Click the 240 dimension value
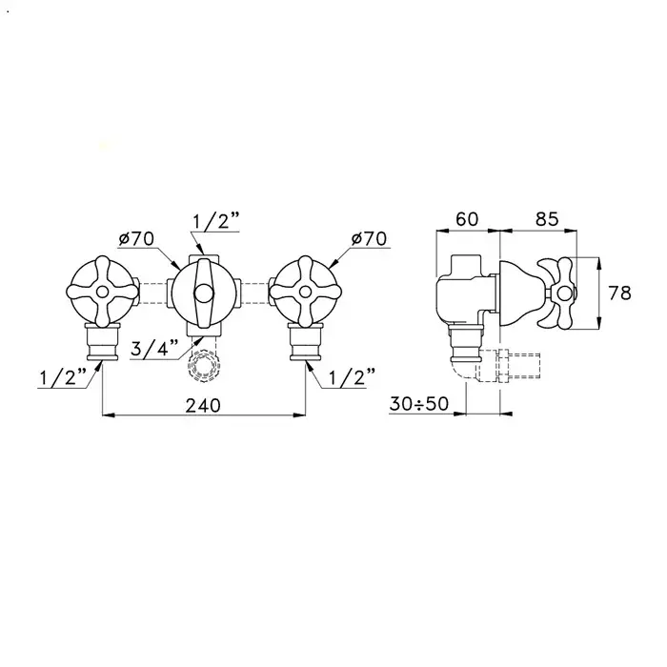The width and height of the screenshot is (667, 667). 203,405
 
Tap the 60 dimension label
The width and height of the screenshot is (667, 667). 467,219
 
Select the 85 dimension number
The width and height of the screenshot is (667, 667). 547,219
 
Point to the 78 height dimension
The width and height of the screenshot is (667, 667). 619,293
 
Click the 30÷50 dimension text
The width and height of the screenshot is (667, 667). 419,404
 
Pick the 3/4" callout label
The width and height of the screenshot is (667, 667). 154,349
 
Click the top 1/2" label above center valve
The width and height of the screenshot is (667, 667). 216,222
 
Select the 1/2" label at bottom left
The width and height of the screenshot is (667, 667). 63,377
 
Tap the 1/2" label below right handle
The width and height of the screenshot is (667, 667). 353,376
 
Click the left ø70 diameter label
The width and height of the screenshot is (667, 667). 136,239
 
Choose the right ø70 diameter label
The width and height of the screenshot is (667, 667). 369,238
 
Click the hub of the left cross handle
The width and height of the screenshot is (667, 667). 102,292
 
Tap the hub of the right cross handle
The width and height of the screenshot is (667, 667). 305,292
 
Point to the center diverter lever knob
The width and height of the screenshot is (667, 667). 203,293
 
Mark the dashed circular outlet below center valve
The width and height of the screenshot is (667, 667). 203,365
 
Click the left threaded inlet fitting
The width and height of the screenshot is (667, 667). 102,341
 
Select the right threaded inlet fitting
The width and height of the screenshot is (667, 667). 305,341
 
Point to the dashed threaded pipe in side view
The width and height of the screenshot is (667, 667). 509,365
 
